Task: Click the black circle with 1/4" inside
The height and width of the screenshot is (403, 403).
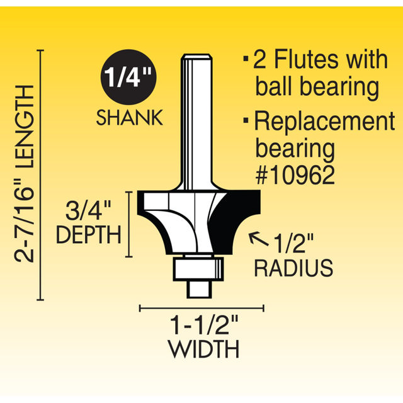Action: [x=128, y=77]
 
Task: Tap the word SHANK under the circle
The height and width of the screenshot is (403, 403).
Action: [x=130, y=118]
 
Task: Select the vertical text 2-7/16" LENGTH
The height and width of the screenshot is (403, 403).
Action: [x=24, y=174]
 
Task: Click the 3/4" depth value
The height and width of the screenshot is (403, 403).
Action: [x=88, y=211]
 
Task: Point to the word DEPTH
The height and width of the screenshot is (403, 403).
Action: [x=88, y=235]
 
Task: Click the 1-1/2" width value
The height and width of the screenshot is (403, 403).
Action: [x=205, y=325]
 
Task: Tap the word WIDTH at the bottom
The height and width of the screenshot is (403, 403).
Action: [x=204, y=349]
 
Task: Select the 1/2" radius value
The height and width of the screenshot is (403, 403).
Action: [x=293, y=243]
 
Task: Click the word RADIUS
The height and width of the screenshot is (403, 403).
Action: [x=294, y=268]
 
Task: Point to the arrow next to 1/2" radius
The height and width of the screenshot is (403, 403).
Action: [x=259, y=239]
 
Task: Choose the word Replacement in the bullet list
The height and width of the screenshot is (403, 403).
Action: [x=325, y=121]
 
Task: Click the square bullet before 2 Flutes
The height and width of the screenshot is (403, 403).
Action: [x=246, y=59]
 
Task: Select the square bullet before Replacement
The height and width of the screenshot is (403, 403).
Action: [x=246, y=120]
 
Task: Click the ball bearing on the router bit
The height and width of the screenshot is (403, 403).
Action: [x=198, y=269]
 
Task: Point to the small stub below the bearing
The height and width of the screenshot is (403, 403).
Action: [x=199, y=290]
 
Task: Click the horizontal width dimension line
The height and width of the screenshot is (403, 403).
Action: [x=201, y=308]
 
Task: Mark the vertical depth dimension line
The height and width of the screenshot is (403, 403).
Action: [x=128, y=224]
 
